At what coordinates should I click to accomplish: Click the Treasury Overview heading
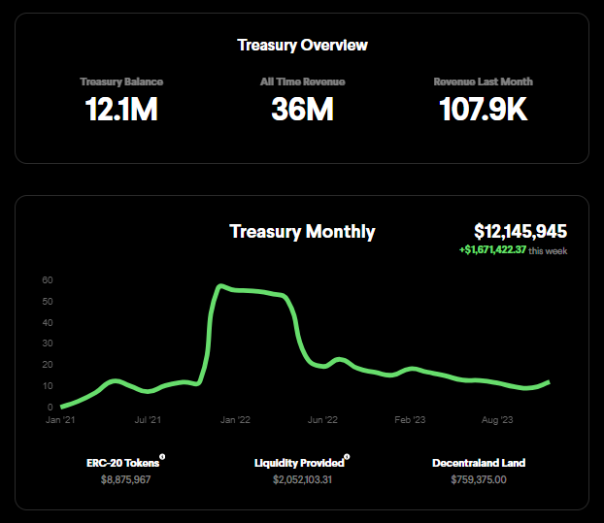[x=302, y=45]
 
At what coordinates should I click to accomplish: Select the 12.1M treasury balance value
[x=121, y=110]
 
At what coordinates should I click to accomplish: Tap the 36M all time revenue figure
[x=302, y=110]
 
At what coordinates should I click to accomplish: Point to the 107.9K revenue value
[x=483, y=110]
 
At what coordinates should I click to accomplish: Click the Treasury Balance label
[x=121, y=82]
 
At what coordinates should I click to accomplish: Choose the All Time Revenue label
[x=302, y=82]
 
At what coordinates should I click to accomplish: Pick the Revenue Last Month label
[x=483, y=82]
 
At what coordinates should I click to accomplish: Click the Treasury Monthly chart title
[x=302, y=231]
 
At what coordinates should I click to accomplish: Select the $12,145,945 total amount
[x=520, y=231]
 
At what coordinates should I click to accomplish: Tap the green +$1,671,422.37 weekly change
[x=492, y=250]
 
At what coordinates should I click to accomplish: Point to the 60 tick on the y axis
[x=47, y=280]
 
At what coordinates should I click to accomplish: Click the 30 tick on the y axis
[x=47, y=343]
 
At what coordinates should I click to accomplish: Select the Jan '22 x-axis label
[x=235, y=420]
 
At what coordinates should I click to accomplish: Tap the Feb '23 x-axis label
[x=411, y=420]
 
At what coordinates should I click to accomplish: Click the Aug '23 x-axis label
[x=498, y=420]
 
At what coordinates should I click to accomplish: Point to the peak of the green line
[x=221, y=286]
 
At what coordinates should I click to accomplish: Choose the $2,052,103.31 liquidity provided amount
[x=302, y=479]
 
